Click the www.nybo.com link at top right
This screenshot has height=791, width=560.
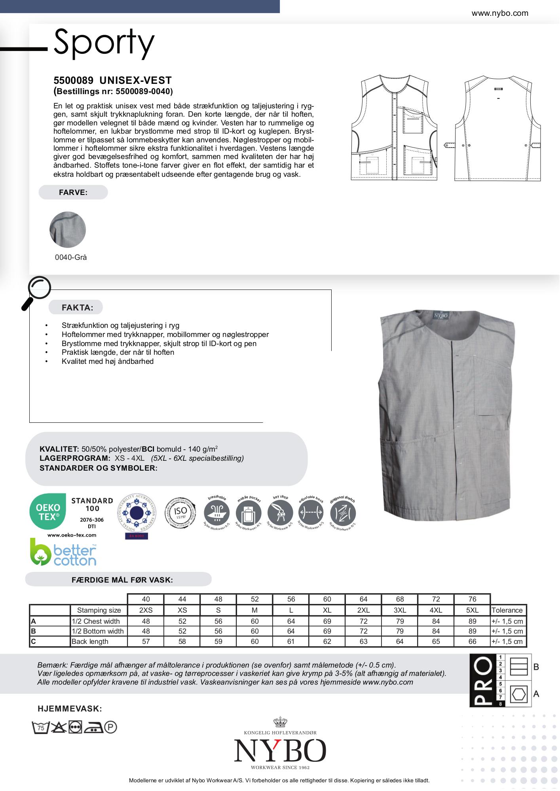499,13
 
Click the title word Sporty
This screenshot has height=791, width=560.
104,42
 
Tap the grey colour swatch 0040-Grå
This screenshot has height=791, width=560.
68,230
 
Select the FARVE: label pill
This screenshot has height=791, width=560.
73,193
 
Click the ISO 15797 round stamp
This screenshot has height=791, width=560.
180,513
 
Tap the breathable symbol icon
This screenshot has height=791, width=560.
217,513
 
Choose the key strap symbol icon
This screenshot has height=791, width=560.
281,513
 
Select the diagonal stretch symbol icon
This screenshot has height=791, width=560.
343,513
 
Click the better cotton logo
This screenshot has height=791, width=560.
64,552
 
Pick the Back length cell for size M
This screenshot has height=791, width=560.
254,642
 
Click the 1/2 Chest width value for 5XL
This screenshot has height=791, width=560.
472,621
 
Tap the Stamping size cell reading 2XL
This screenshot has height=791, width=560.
363,610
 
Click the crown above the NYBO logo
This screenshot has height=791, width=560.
280,723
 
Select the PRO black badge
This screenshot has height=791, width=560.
481,680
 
